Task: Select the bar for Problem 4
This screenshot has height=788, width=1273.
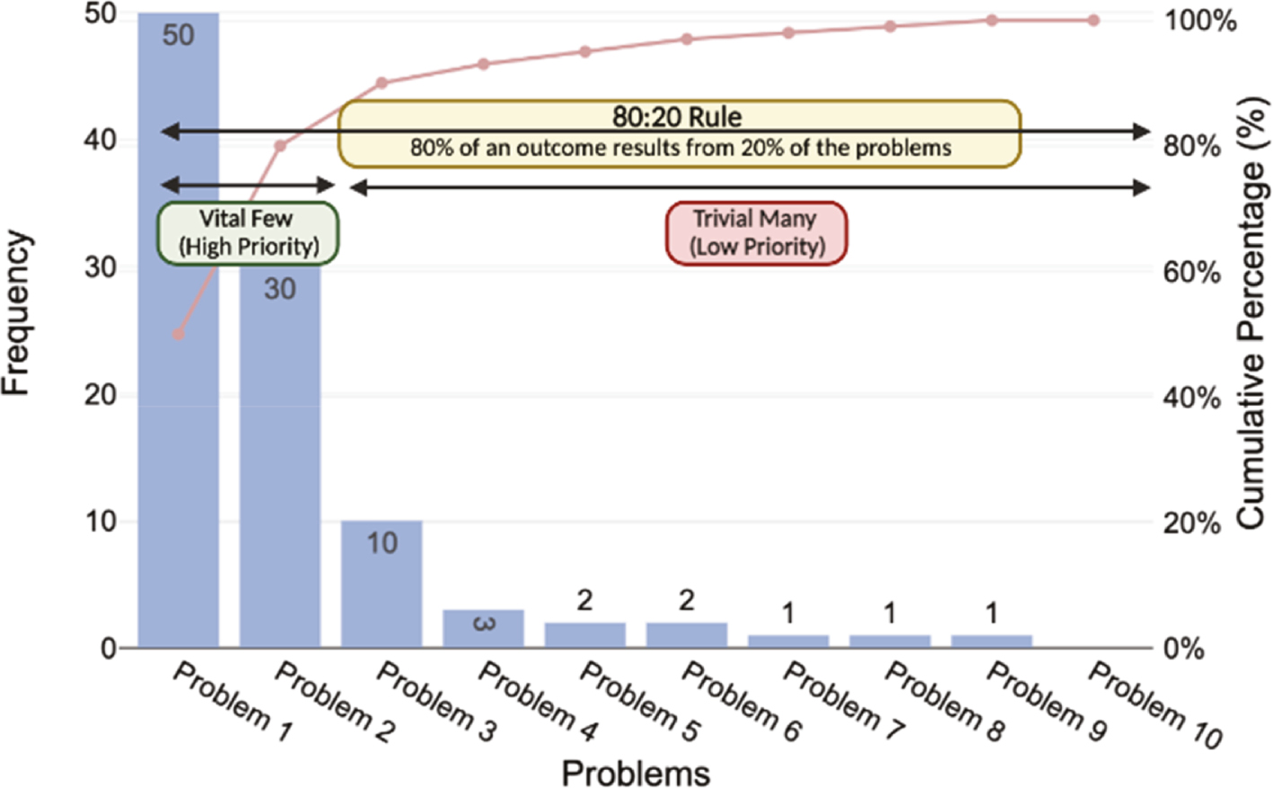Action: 483,629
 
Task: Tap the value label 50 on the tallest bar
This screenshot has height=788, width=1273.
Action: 178,35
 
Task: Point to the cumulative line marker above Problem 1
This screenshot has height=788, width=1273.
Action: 178,334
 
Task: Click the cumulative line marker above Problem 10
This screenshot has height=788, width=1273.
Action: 1093,20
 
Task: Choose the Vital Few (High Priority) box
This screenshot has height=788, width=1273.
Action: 248,233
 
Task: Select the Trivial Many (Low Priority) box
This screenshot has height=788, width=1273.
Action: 756,233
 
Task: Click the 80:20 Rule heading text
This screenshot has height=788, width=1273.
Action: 677,117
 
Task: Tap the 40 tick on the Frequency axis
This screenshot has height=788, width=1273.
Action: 101,140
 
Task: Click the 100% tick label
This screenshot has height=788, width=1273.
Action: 1200,20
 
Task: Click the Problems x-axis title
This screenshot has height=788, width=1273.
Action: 636,772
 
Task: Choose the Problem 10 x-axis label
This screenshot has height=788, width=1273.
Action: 1154,705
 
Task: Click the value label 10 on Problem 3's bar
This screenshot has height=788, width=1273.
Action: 382,543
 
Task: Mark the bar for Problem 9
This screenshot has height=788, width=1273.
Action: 992,641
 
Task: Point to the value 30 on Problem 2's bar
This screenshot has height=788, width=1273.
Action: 279,289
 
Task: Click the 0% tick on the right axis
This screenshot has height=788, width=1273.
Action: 1183,648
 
